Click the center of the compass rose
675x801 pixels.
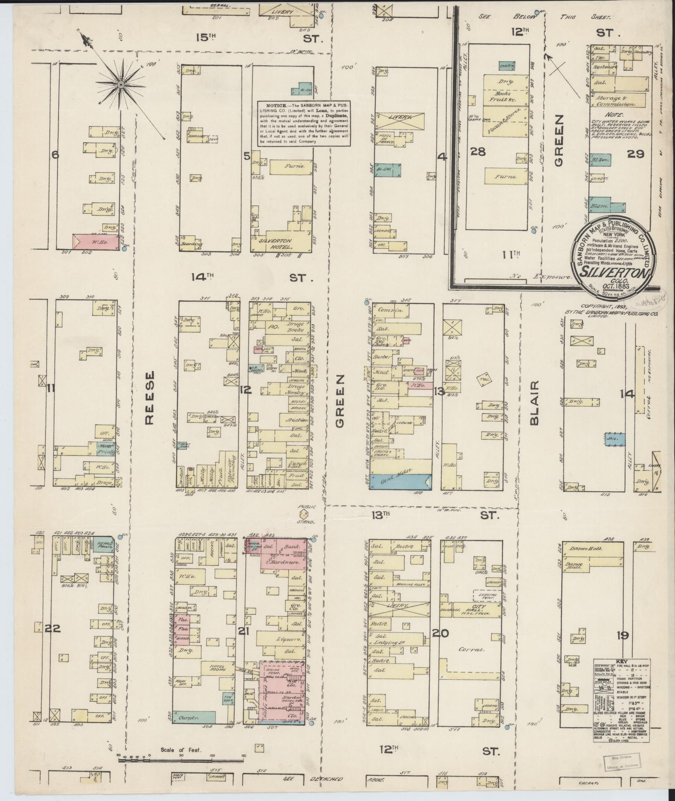point(121,85)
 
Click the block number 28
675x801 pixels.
point(478,151)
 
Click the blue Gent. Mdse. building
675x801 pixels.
point(400,481)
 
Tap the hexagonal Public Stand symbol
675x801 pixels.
point(303,512)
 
